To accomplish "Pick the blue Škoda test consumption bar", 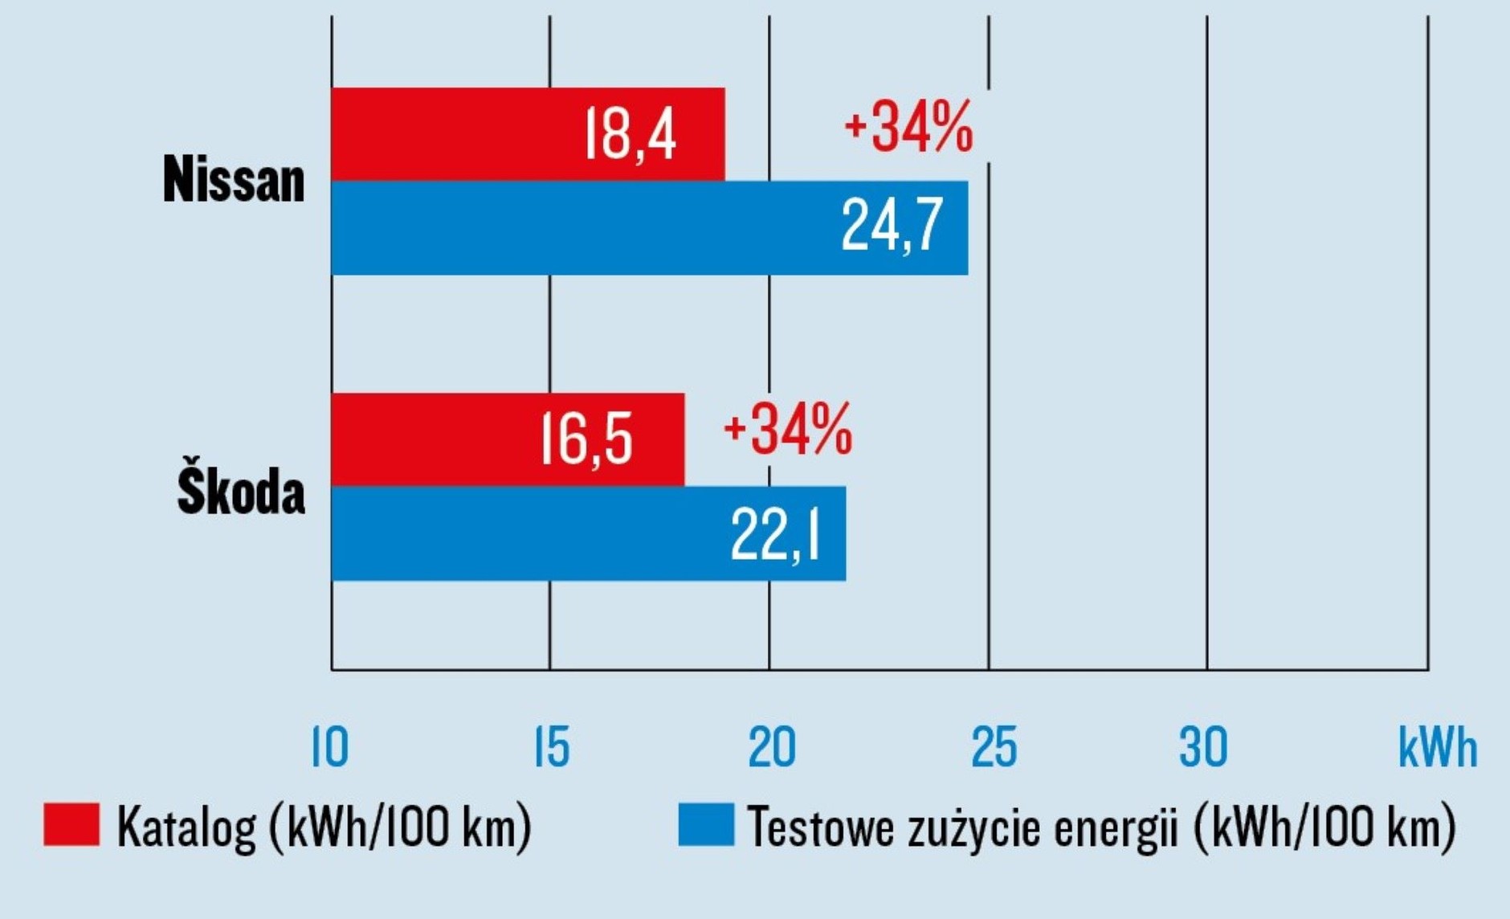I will coord(522,533).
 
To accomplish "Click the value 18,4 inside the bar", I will coord(631,134).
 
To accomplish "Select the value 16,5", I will coord(586,439).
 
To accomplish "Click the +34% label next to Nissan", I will coord(908,126).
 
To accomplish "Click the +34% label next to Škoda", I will coord(788,430).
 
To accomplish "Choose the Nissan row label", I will coord(234,179).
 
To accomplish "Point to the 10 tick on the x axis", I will coord(330,747).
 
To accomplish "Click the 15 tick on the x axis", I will coord(552,747).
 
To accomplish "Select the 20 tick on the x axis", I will coord(771,747).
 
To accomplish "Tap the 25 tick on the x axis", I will coord(994,747).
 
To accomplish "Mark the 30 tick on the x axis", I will coord(1203,747).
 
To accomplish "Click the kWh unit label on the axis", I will coord(1437,747).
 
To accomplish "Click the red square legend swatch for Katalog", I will coord(71,824).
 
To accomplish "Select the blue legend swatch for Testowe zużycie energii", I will coord(706,824).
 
